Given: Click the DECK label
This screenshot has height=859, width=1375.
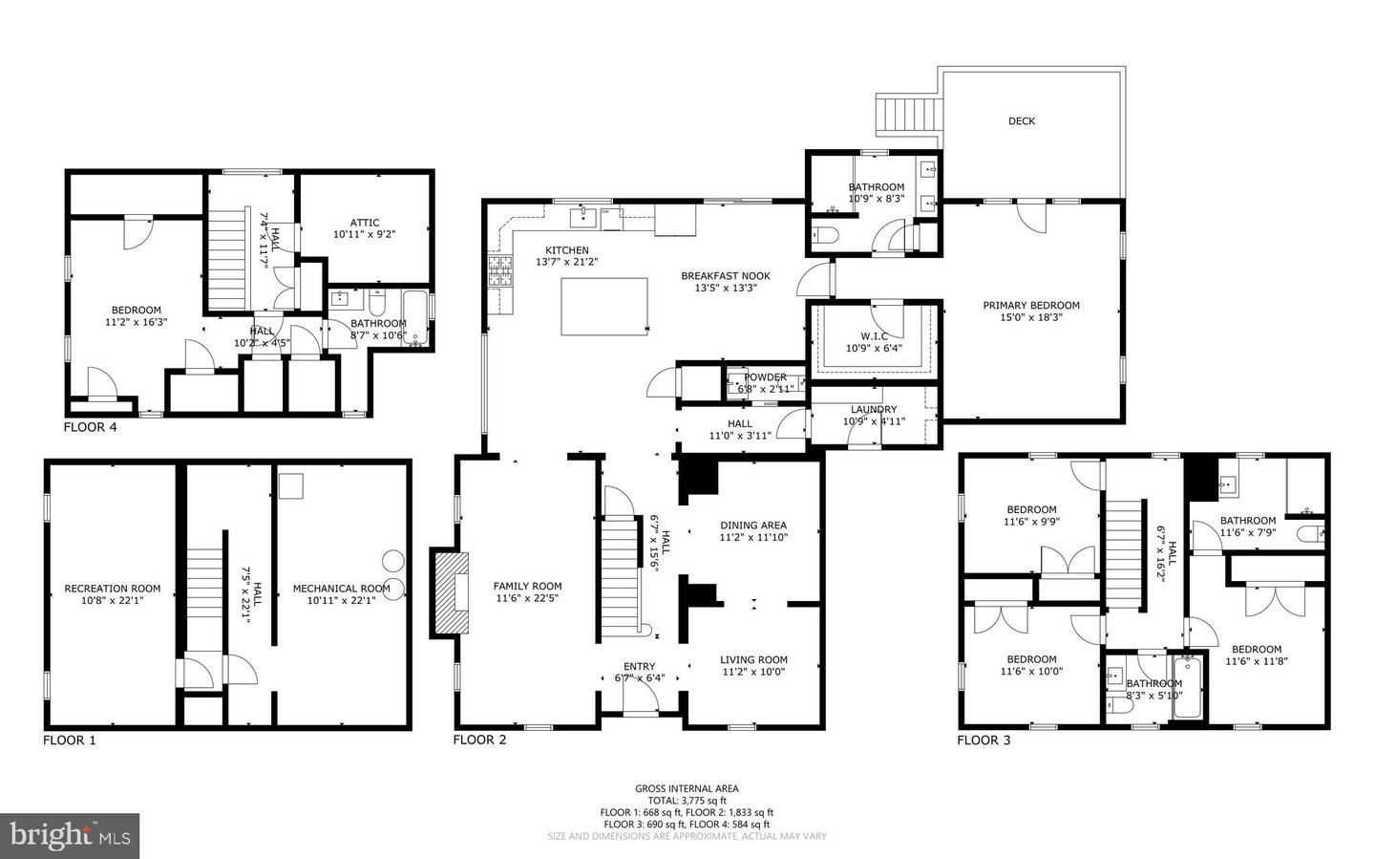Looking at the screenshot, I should click(1021, 121).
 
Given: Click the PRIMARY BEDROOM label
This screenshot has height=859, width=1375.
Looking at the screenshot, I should click(1031, 306).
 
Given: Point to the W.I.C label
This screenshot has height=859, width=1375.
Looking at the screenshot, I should click(874, 336).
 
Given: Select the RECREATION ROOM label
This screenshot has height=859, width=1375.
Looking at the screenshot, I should click(112, 589).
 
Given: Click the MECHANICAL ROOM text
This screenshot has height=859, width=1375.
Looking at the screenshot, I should click(341, 589).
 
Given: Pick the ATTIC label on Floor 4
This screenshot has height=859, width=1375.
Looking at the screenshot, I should click(363, 223).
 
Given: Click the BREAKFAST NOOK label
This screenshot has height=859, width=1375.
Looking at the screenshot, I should click(725, 276).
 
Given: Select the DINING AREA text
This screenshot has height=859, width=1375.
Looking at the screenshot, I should click(752, 525).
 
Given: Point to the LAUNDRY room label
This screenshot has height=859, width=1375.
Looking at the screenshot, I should click(874, 409).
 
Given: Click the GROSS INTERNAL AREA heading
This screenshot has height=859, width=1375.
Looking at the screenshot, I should click(687, 788).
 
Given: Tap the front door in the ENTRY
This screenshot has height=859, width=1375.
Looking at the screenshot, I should click(640, 699).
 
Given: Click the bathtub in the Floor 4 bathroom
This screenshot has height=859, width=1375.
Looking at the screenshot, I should click(416, 320).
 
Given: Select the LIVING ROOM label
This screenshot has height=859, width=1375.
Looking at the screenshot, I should click(752, 659).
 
